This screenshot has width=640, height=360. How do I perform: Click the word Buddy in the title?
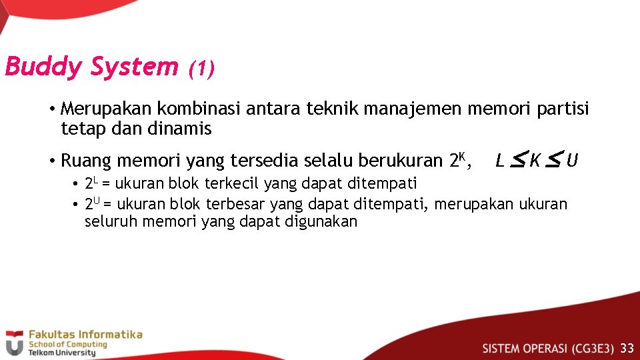[x=44, y=67]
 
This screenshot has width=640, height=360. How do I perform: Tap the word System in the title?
[x=135, y=67]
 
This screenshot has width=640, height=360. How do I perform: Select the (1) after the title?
[x=201, y=68]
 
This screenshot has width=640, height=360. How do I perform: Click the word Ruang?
[x=86, y=161]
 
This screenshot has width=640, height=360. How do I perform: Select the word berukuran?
[x=401, y=161]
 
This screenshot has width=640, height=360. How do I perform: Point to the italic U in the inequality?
[x=572, y=161]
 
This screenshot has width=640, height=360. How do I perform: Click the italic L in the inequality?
[x=500, y=161]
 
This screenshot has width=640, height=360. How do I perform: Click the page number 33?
[x=627, y=348]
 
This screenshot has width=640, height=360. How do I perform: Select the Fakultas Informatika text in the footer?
[x=84, y=334]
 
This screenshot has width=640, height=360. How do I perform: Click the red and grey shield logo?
[x=13, y=343]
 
